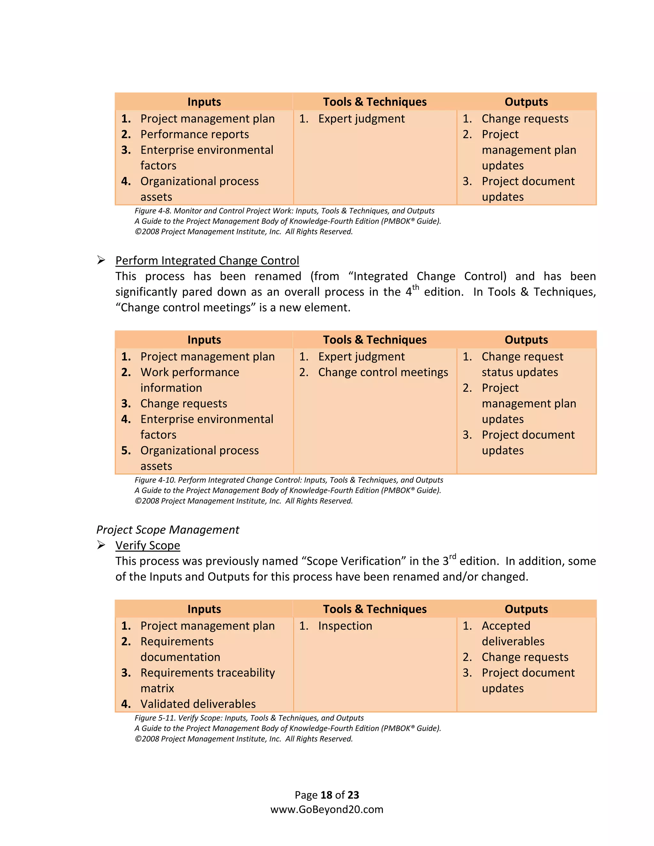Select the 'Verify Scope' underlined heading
(x=148, y=545)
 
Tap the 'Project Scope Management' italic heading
(x=167, y=530)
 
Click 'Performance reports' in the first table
(x=194, y=134)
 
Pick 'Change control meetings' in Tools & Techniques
(x=383, y=372)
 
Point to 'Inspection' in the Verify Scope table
(x=345, y=626)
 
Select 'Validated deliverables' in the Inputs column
(x=198, y=704)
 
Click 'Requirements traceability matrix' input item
(x=207, y=673)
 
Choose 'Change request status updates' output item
(x=522, y=357)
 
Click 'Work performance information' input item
(x=189, y=372)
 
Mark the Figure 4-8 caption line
(x=285, y=211)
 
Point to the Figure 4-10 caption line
(x=289, y=480)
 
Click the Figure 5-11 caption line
(x=249, y=718)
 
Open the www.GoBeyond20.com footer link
(x=327, y=810)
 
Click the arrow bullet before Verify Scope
(x=101, y=545)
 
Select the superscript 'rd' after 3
(x=452, y=557)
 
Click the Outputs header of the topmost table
(x=526, y=102)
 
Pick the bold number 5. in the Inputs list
(x=126, y=450)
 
